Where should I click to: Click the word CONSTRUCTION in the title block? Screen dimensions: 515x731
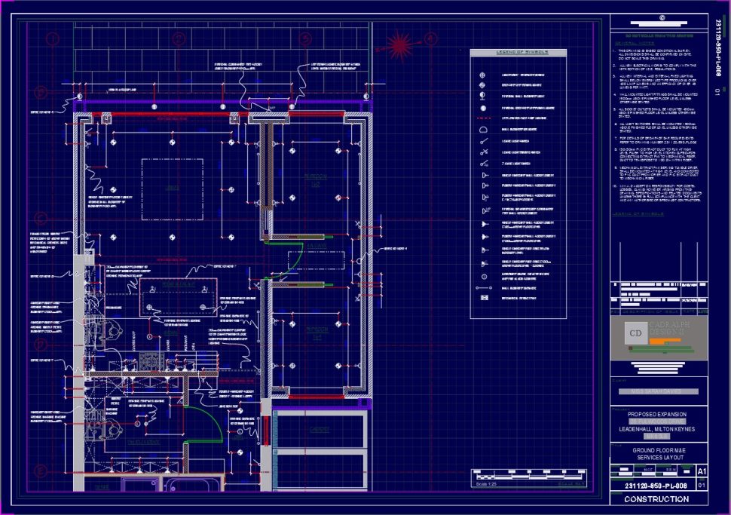656,499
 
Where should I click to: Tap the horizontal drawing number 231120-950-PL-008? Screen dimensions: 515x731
652,486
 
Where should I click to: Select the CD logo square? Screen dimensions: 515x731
635,333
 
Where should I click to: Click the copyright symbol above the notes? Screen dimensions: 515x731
661,19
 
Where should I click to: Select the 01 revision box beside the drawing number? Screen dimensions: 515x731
702,486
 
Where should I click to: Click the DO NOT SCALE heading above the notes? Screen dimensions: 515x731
654,35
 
